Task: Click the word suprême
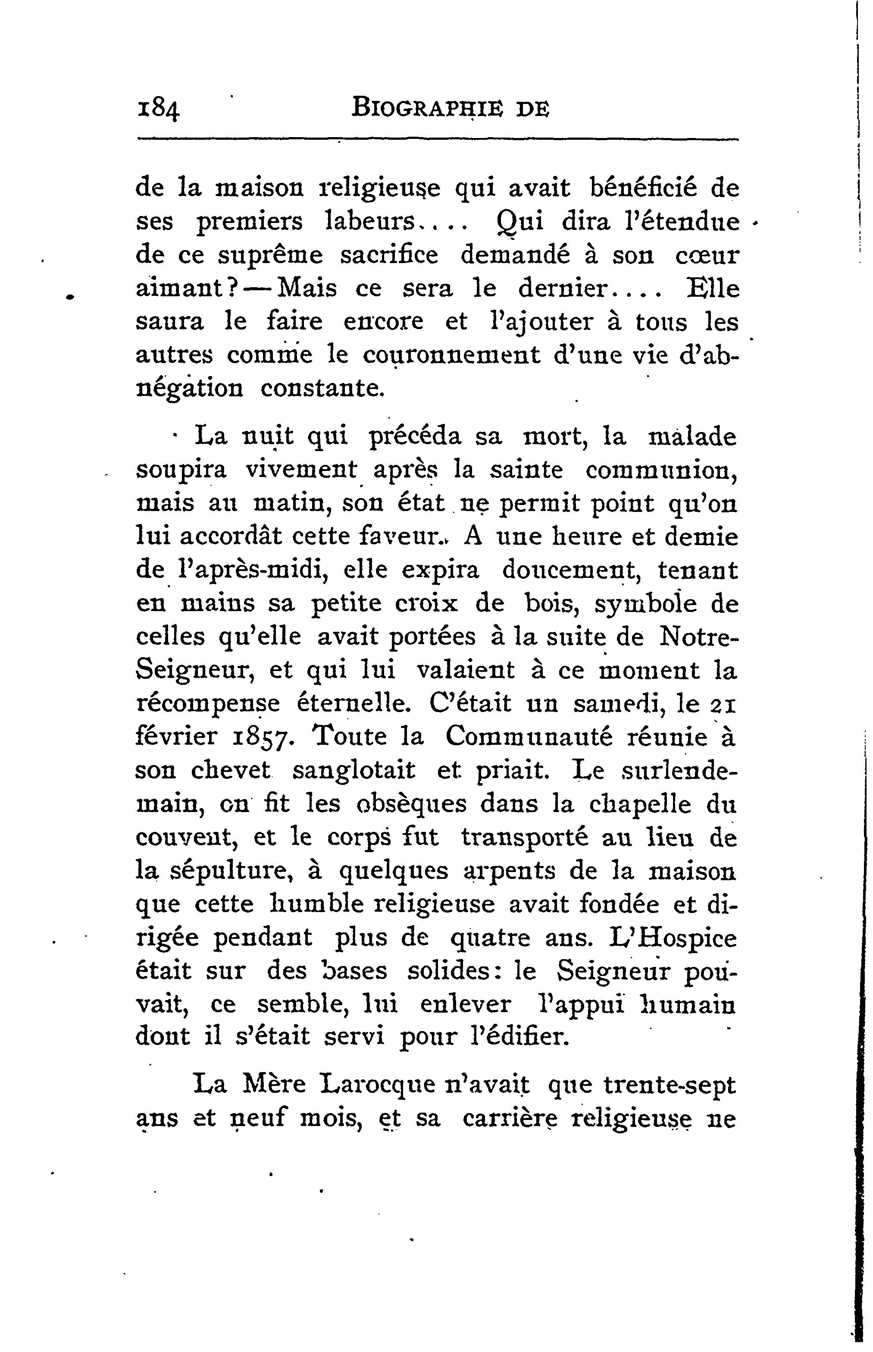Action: pos(270,255)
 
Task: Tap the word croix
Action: pos(426,603)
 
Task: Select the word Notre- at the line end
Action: pos(698,637)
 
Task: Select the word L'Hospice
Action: pos(673,938)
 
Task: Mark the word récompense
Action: pos(208,704)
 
